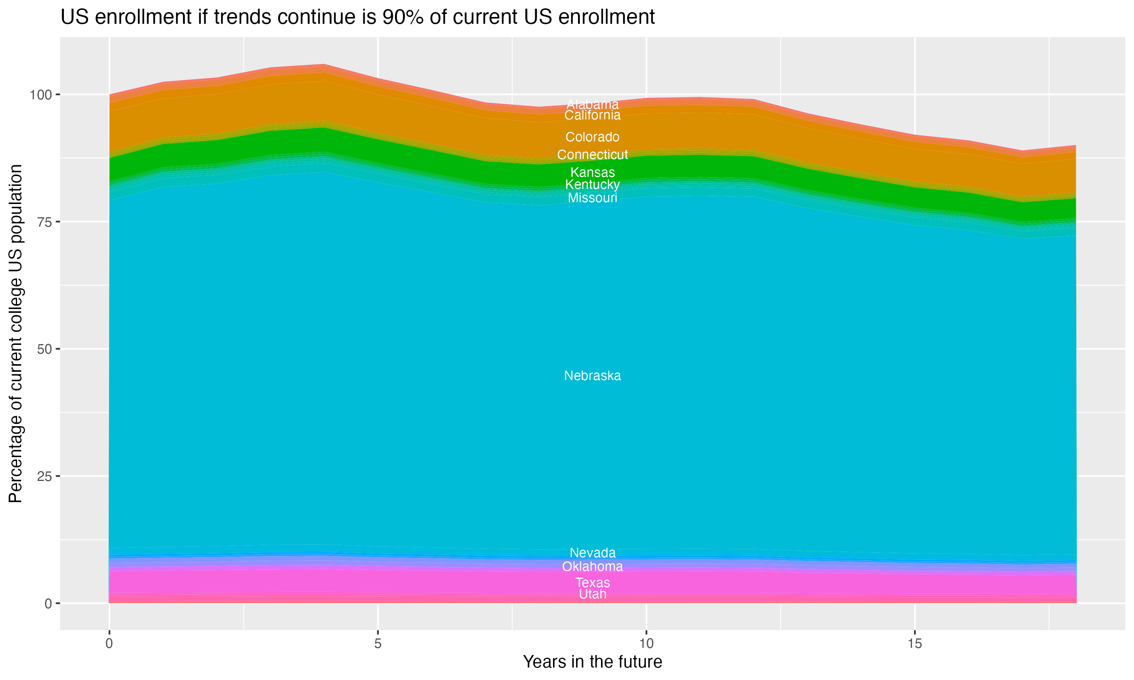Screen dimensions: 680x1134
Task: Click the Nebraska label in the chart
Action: pyautogui.click(x=592, y=376)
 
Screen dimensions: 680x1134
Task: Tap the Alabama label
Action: pyautogui.click(x=592, y=105)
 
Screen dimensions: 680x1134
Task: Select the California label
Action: pyautogui.click(x=592, y=115)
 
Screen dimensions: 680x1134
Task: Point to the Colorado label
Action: pyautogui.click(x=592, y=137)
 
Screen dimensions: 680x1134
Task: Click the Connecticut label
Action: pyautogui.click(x=592, y=155)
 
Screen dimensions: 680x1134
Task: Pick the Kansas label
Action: pyautogui.click(x=592, y=173)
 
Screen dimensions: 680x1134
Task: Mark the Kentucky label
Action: pyautogui.click(x=592, y=185)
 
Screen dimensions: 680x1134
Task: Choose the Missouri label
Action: pyautogui.click(x=592, y=198)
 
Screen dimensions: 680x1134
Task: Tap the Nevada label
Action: pyautogui.click(x=592, y=553)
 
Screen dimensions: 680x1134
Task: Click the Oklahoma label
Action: pyautogui.click(x=592, y=567)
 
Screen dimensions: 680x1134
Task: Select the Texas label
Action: pyautogui.click(x=592, y=583)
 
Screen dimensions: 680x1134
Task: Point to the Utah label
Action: pyautogui.click(x=592, y=594)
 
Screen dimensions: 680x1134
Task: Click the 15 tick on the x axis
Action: pyautogui.click(x=914, y=644)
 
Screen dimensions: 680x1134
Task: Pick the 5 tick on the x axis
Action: pyautogui.click(x=377, y=644)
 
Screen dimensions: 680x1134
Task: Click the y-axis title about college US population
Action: pyautogui.click(x=15, y=333)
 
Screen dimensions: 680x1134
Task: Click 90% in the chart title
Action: pyautogui.click(x=402, y=17)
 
